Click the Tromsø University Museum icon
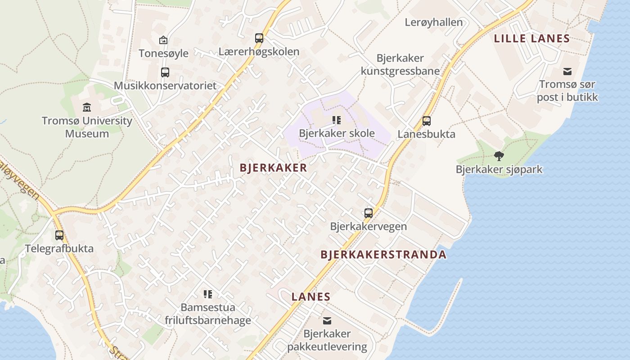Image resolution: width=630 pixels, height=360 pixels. coord(87,107)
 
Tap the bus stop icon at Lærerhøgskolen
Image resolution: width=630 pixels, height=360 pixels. coord(259,38)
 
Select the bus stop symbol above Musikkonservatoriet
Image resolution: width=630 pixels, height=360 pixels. coord(165,72)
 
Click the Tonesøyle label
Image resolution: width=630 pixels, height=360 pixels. coord(163,53)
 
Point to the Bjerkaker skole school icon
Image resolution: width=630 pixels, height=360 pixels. coord(337,120)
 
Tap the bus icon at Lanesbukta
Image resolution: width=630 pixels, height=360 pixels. coord(427,121)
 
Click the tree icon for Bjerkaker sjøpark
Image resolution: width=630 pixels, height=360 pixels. coord(499,156)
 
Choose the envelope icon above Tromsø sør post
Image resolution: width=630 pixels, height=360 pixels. coord(567,71)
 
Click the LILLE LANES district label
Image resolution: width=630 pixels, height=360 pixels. coord(532,39)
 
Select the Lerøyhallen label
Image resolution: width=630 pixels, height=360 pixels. coord(433,22)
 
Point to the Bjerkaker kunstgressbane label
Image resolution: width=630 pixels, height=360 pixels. coord(400,64)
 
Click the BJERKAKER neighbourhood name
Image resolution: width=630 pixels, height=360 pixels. coord(273,168)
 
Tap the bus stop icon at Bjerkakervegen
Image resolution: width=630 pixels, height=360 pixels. coord(369,213)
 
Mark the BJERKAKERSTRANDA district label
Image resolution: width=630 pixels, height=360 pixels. coord(383,254)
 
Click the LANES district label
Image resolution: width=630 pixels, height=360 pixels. coord(311,297)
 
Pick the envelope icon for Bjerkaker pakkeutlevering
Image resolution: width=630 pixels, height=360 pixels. coord(327,321)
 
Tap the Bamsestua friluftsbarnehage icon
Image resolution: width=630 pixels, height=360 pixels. coord(208,294)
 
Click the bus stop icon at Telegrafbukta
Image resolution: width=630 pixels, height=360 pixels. coord(59,235)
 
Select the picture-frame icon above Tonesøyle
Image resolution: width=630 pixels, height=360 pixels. coord(163,40)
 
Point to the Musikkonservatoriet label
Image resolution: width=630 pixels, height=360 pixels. coord(165,85)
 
